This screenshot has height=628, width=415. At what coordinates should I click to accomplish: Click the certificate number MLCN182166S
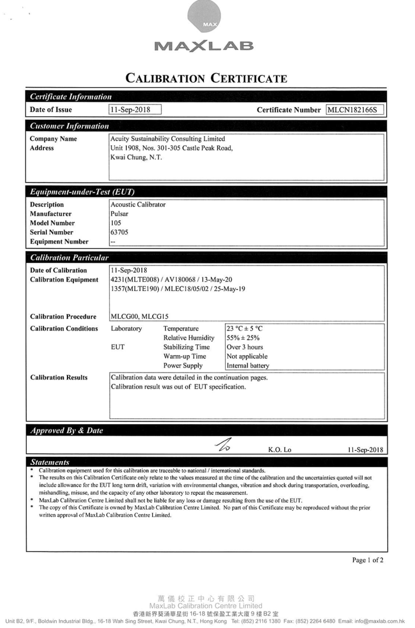coord(354,110)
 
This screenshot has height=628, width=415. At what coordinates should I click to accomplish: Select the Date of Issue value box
coord(135,110)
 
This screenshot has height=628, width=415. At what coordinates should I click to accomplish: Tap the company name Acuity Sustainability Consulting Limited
coord(168,139)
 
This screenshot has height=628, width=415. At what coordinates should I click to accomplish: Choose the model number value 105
coord(115,223)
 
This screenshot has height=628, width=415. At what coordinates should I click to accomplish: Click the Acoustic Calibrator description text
coord(138,205)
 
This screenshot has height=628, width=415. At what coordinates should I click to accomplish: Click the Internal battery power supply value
coord(247,366)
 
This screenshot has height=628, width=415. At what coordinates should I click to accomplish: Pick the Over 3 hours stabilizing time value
coord(245,347)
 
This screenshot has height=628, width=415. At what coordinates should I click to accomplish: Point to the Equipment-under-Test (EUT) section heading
coord(82,192)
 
